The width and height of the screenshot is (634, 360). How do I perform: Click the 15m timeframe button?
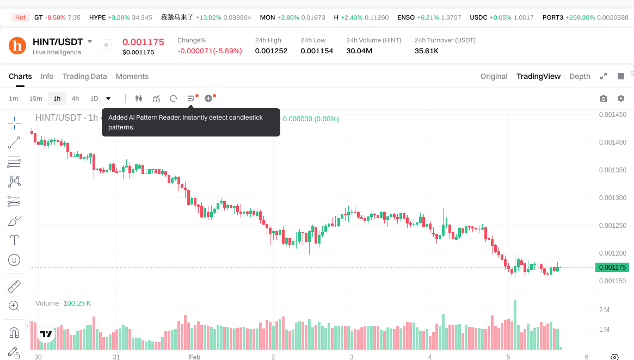[35, 98]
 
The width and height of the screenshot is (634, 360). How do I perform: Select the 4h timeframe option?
[75, 98]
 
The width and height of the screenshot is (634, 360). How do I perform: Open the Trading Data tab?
[84, 76]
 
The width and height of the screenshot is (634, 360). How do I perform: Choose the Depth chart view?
[580, 76]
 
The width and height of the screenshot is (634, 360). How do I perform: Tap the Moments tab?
[132, 76]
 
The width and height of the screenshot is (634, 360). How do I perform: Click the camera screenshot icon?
[604, 98]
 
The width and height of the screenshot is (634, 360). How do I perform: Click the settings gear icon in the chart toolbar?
[621, 98]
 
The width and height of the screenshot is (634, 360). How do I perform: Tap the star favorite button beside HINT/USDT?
[106, 45]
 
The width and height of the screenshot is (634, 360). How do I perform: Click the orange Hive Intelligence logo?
[18, 45]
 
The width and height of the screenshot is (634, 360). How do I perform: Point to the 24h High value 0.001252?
[271, 51]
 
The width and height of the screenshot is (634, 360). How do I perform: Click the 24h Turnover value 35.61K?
[427, 51]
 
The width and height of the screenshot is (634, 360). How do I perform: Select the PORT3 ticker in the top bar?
[553, 17]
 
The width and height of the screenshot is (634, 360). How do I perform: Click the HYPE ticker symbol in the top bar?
[97, 17]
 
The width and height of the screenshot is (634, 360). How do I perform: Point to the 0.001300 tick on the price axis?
[612, 198]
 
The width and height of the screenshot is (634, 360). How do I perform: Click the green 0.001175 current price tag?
[612, 267]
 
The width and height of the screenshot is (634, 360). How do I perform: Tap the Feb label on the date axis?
[194, 357]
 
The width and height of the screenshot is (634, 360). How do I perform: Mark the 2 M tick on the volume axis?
[604, 310]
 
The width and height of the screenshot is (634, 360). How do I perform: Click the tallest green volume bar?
[515, 324]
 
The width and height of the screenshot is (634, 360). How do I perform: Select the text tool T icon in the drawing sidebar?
[15, 240]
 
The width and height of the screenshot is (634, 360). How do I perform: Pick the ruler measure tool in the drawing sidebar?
[15, 286]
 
